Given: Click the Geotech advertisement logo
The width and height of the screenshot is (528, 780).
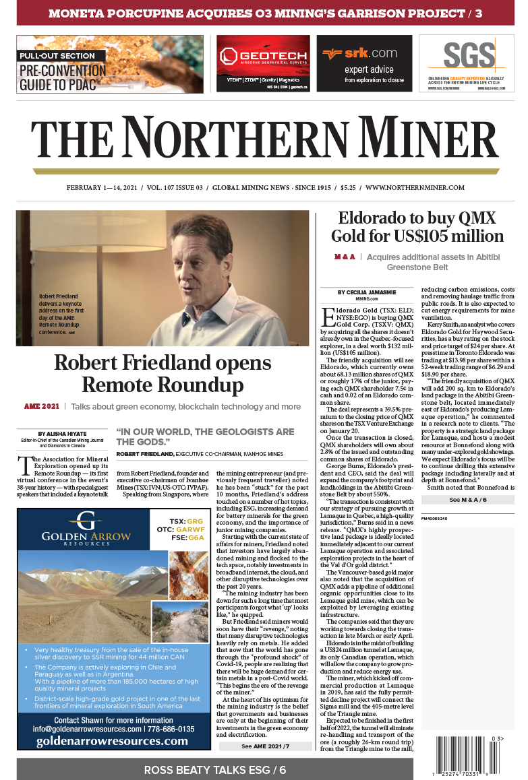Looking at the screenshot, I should [263, 57].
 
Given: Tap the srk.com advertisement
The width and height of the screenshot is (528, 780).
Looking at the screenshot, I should [364, 63].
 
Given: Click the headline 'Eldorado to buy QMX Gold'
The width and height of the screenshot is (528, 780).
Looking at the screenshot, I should [417, 227].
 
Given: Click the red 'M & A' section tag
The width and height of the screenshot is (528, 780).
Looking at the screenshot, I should [345, 257].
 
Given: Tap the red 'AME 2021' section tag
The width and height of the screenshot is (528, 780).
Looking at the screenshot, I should [41, 407].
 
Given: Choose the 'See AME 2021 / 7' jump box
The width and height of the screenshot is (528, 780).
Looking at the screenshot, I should [264, 746].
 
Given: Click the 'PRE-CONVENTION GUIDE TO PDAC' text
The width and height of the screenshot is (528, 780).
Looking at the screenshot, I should [62, 77].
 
